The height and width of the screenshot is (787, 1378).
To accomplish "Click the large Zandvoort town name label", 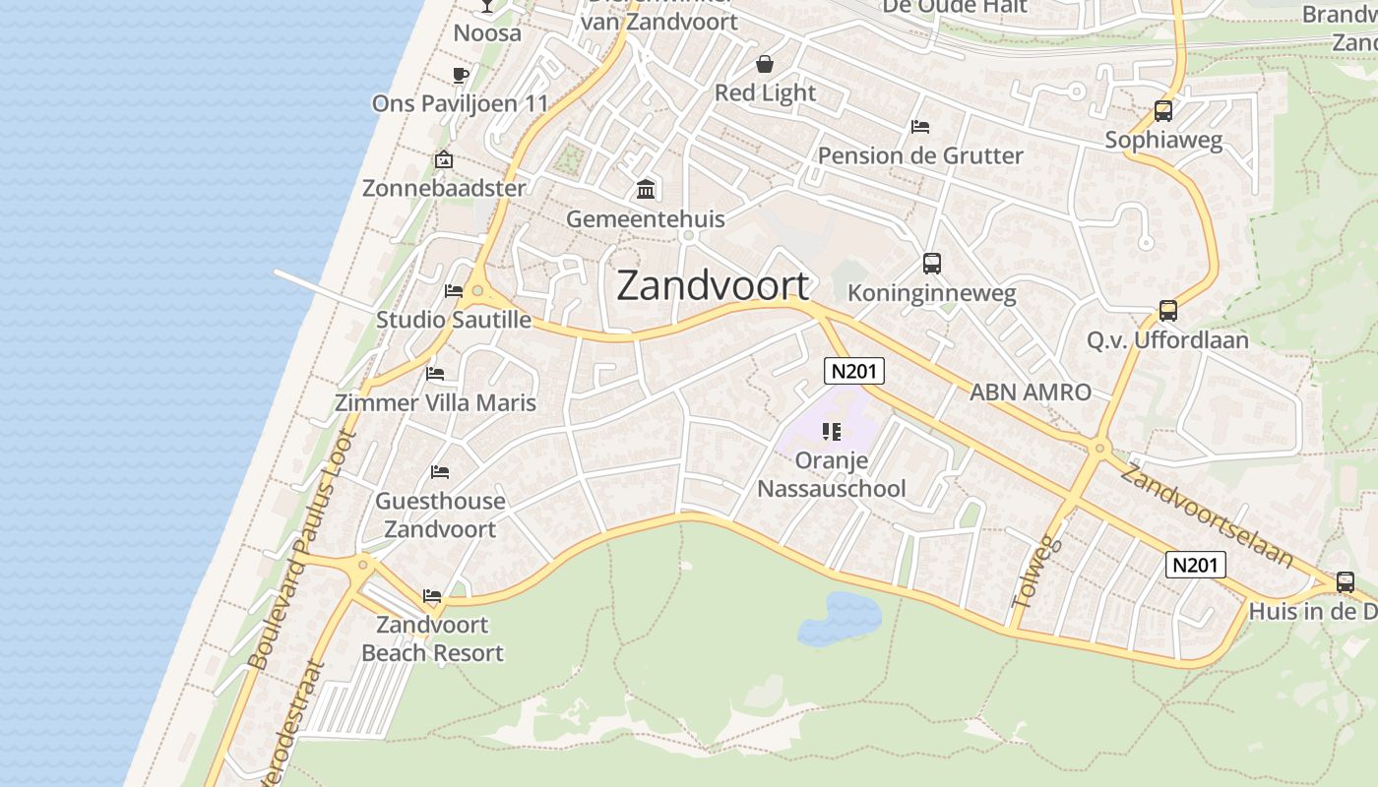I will pyautogui.click(x=713, y=285).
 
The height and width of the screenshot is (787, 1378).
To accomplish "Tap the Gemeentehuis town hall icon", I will pyautogui.click(x=646, y=189).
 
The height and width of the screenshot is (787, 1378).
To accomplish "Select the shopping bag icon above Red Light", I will pyautogui.click(x=765, y=65).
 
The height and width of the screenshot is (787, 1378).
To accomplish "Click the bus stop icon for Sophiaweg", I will pyautogui.click(x=1163, y=111).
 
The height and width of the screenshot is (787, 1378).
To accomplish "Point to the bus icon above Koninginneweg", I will pyautogui.click(x=931, y=264).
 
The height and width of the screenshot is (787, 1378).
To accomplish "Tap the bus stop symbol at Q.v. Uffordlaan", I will pyautogui.click(x=1167, y=311).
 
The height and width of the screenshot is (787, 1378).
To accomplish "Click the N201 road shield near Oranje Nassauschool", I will pyautogui.click(x=853, y=371).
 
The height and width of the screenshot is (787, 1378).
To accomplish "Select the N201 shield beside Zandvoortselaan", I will pyautogui.click(x=1197, y=565).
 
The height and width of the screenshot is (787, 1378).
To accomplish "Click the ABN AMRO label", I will pyautogui.click(x=1031, y=392).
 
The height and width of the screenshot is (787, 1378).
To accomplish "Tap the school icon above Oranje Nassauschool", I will pyautogui.click(x=832, y=432).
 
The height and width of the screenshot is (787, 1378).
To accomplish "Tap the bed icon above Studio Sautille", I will pyautogui.click(x=454, y=291).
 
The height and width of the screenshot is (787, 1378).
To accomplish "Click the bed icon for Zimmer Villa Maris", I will pyautogui.click(x=435, y=374).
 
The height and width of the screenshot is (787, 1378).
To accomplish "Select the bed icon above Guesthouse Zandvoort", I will pyautogui.click(x=440, y=472).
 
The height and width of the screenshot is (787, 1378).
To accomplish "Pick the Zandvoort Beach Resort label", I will pyautogui.click(x=432, y=638).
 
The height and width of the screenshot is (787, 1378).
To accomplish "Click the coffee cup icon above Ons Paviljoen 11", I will pyautogui.click(x=460, y=75).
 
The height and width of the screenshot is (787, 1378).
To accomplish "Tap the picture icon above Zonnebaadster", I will pyautogui.click(x=444, y=159).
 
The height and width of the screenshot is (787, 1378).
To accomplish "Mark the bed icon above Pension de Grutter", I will pyautogui.click(x=920, y=127).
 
